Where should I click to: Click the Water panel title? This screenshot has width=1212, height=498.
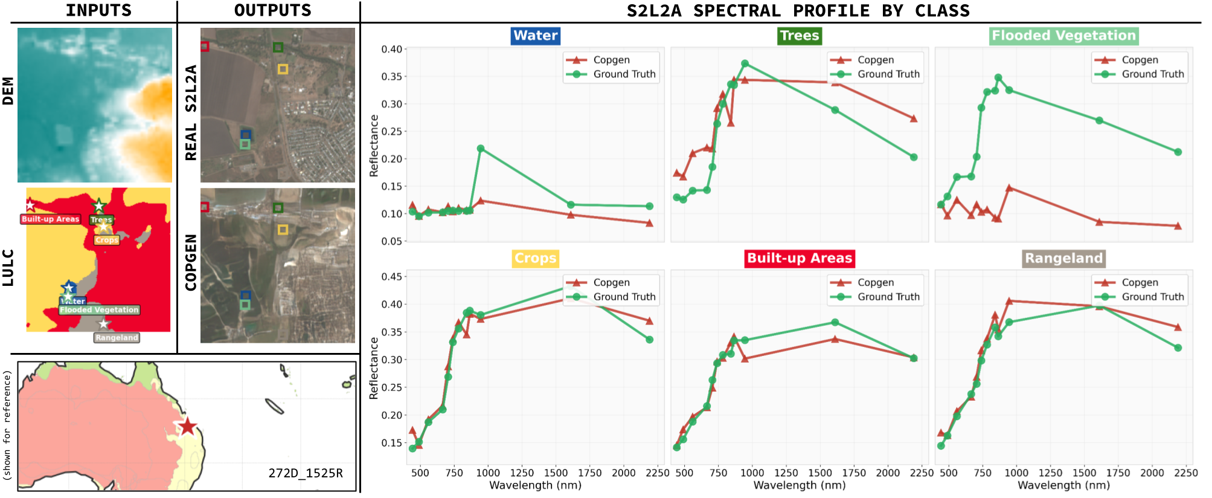tap(536, 36)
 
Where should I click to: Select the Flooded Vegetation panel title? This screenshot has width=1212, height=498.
tap(1063, 36)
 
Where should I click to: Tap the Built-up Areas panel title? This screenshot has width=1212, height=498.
tap(799, 259)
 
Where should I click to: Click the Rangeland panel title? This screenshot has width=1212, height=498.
tap(1063, 259)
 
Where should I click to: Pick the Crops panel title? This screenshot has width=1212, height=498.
tap(535, 259)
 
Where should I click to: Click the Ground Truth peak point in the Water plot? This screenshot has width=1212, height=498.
tap(481, 149)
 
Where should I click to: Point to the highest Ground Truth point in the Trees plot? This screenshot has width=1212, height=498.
tap(745, 63)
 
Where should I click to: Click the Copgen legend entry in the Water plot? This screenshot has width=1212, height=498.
tap(611, 60)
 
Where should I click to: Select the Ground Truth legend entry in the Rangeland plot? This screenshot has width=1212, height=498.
tap(1152, 297)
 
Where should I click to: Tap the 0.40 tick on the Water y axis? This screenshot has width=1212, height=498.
tap(391, 49)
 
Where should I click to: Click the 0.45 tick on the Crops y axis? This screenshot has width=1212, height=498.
tap(391, 277)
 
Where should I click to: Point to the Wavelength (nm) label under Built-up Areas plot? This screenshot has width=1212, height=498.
tap(799, 485)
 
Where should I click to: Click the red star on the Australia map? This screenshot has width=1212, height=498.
tap(187, 426)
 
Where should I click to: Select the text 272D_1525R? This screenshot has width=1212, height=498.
tap(306, 473)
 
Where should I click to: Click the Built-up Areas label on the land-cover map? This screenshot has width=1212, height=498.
tap(50, 219)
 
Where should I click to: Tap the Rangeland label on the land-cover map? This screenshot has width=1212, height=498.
tap(117, 338)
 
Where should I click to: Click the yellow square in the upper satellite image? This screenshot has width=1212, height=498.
tap(283, 70)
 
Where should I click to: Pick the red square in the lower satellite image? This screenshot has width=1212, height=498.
tap(205, 207)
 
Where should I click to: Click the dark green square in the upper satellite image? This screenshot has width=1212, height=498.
tap(278, 47)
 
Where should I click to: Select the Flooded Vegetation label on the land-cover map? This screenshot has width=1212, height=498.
tap(99, 310)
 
